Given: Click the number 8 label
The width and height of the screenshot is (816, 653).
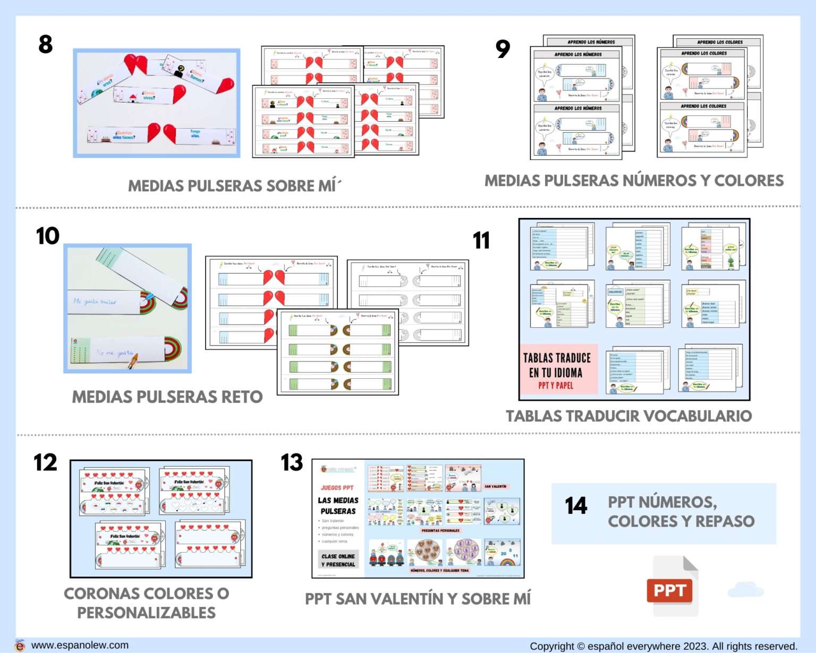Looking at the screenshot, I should pyautogui.click(x=46, y=44).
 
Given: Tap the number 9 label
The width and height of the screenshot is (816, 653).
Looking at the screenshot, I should pyautogui.click(x=503, y=49).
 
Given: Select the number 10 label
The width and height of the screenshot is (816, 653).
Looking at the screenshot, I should pyautogui.click(x=47, y=236).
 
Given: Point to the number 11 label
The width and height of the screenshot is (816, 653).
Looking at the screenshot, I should pyautogui.click(x=481, y=240).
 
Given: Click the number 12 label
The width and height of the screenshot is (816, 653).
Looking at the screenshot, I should pyautogui.click(x=45, y=463).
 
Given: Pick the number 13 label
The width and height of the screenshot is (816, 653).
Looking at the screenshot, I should pyautogui.click(x=292, y=463).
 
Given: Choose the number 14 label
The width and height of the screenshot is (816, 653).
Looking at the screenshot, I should pyautogui.click(x=576, y=506).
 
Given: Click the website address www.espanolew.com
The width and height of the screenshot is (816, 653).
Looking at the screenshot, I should pyautogui.click(x=80, y=645).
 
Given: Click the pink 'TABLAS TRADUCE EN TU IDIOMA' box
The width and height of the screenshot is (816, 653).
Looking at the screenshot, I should pyautogui.click(x=557, y=370).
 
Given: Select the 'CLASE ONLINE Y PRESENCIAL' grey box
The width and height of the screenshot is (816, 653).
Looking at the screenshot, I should pyautogui.click(x=338, y=560).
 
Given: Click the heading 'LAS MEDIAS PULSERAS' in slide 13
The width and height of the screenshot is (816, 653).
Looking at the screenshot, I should pyautogui.click(x=338, y=505).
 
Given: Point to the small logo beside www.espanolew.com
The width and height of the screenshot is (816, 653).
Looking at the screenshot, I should pyautogui.click(x=20, y=645).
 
